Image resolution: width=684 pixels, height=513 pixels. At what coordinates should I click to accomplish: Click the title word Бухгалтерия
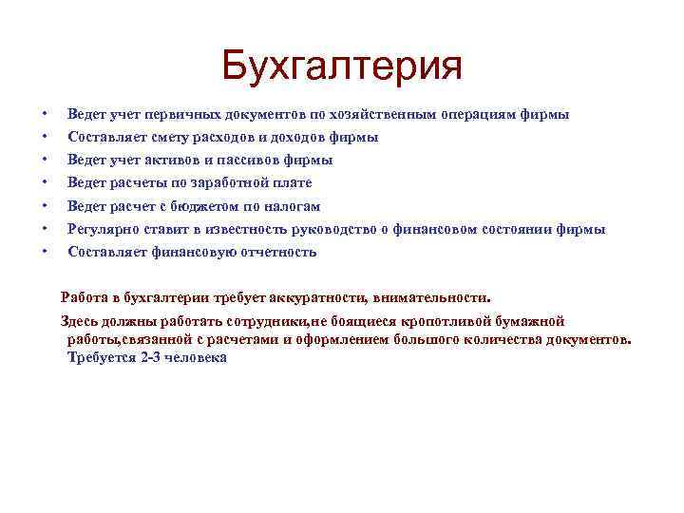341,66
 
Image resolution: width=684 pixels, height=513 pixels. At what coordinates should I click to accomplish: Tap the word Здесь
80,321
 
